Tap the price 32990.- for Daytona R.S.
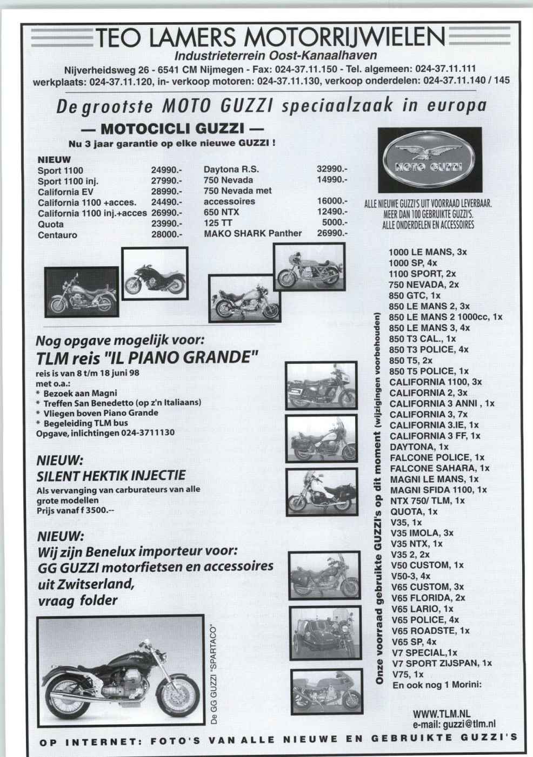tap(331, 169)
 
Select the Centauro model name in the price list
tap(57, 235)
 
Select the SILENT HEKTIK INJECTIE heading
tap(111, 476)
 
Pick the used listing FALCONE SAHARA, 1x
tap(439, 468)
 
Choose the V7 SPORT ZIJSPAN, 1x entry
tap(442, 664)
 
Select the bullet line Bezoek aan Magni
tap(76, 393)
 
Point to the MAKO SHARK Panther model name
tap(252, 234)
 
